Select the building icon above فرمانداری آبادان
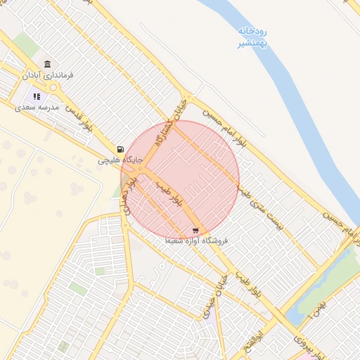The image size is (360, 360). coord(47,64)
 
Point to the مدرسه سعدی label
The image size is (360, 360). coord(37,107)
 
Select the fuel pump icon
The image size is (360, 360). coord(122,150)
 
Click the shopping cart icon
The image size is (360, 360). coord(195,229)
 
